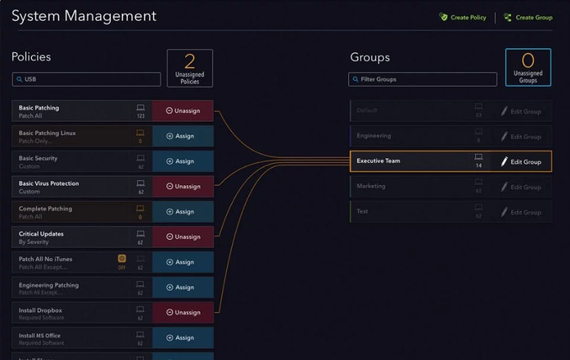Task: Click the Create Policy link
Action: pyautogui.click(x=463, y=18)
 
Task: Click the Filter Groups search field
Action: pyautogui.click(x=423, y=79)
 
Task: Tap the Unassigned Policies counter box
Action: pyautogui.click(x=190, y=68)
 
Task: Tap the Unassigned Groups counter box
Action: pyautogui.click(x=528, y=67)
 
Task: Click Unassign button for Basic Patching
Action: pyautogui.click(x=183, y=111)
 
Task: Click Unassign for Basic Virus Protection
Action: pyautogui.click(x=183, y=187)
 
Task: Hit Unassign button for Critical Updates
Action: pyautogui.click(x=183, y=237)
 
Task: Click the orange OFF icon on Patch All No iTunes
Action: pyautogui.click(x=122, y=259)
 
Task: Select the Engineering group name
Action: pyautogui.click(x=374, y=136)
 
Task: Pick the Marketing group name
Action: pyautogui.click(x=371, y=187)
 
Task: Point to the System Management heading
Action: pyautogui.click(x=84, y=16)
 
